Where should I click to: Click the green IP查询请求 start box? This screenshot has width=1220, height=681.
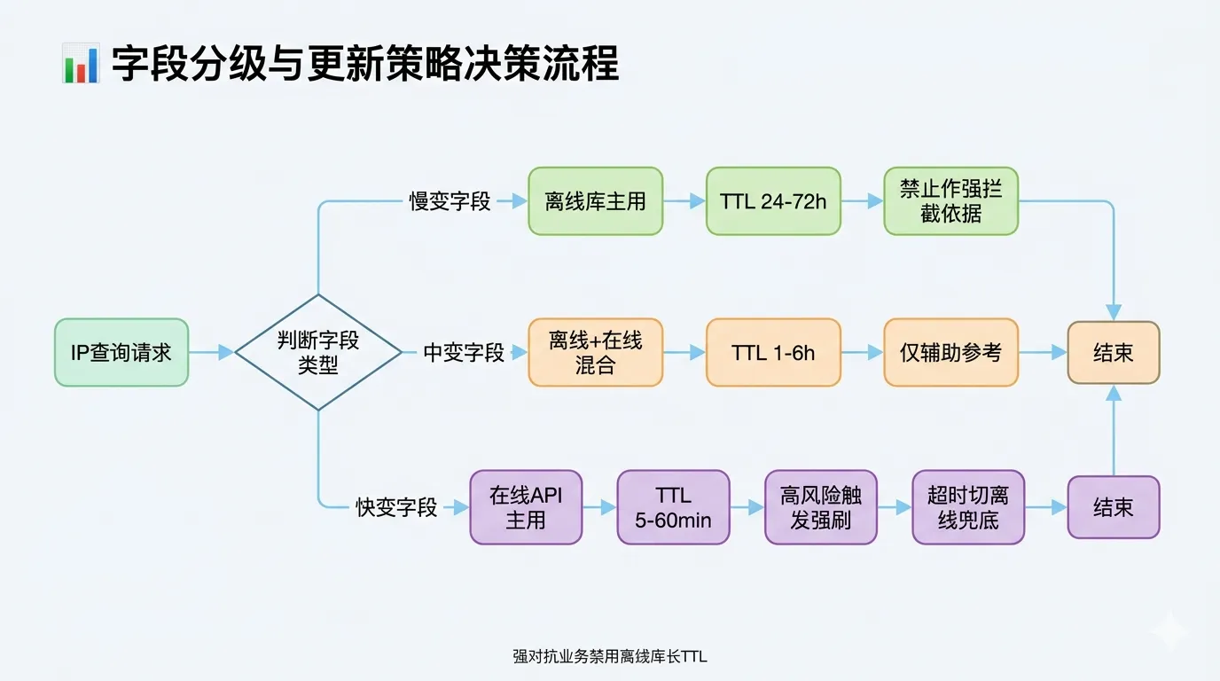[121, 352]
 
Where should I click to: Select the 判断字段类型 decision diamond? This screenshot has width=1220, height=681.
[318, 352]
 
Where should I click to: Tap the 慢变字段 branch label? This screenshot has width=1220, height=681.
[450, 201]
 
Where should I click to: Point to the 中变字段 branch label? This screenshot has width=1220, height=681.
[464, 352]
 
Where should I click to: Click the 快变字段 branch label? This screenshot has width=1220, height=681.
[397, 507]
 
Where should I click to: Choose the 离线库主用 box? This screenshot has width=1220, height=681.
[595, 201]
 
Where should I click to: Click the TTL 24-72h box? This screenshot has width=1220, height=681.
[773, 201]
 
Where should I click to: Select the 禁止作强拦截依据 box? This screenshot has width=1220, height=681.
[950, 201]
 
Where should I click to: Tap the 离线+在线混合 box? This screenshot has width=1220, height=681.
[595, 352]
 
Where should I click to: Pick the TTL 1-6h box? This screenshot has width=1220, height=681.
[773, 352]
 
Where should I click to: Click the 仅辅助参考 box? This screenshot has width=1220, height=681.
[950, 352]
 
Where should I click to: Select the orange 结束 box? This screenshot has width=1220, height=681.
[1113, 352]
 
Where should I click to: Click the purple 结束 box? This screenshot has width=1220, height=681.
[1113, 507]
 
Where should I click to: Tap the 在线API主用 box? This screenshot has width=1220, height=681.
[526, 507]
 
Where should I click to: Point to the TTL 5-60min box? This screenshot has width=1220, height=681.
[673, 507]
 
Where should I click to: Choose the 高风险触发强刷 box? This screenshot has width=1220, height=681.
[821, 507]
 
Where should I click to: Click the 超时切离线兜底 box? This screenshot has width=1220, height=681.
[968, 507]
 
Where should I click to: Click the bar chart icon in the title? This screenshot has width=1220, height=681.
[81, 65]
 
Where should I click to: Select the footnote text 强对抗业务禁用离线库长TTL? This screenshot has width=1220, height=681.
[609, 657]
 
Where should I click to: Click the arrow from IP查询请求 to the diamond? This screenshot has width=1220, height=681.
[211, 352]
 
